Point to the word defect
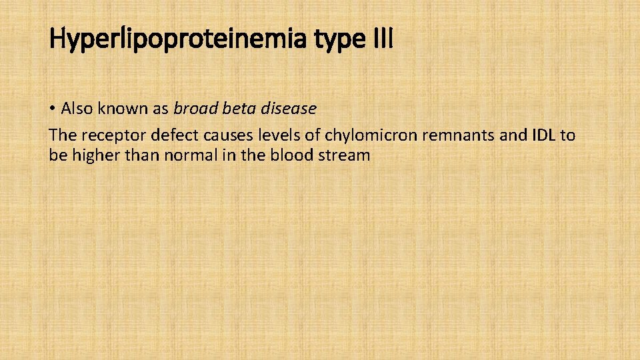(x=175, y=136)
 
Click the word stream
(x=346, y=155)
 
